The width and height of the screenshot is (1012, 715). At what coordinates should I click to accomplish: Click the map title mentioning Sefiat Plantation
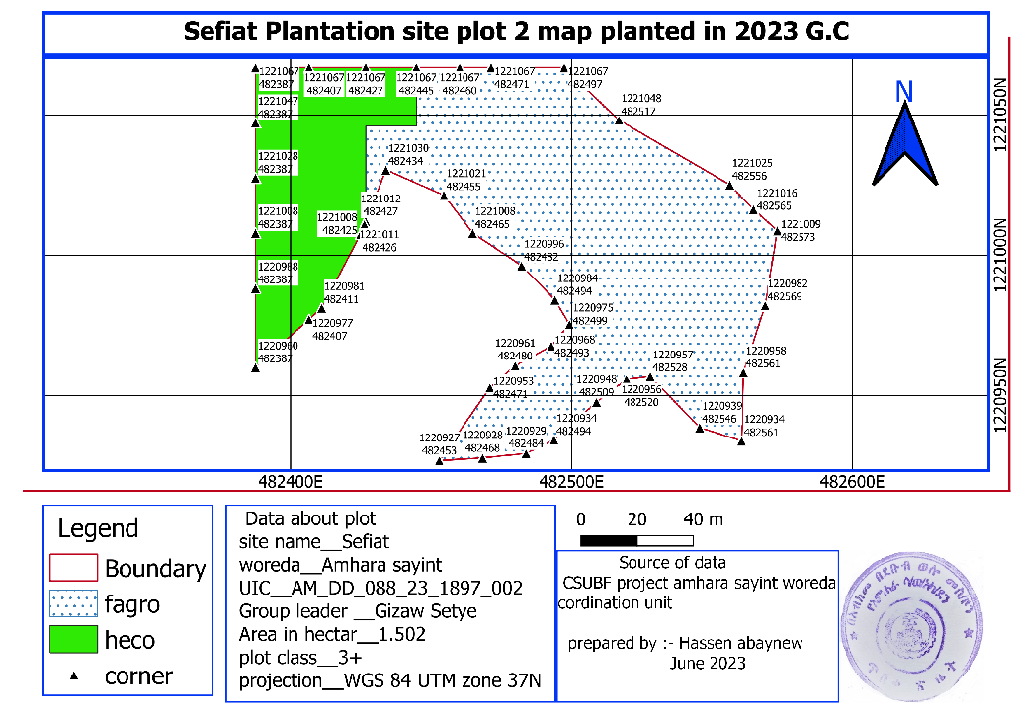(x=517, y=32)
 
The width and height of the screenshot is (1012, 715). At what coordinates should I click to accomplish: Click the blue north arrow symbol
(x=903, y=145)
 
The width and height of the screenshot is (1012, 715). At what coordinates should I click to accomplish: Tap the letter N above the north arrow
(x=903, y=91)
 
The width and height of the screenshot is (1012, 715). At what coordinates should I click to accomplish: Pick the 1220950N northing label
(x=1001, y=396)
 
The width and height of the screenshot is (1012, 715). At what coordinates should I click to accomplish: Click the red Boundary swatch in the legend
(x=73, y=568)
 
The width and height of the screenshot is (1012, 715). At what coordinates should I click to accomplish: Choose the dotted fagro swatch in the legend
(x=73, y=603)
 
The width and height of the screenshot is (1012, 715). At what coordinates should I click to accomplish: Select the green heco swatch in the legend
(x=73, y=640)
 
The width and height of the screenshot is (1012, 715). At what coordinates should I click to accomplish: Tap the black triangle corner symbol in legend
(x=74, y=677)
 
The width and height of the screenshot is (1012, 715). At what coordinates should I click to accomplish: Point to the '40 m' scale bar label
(x=703, y=519)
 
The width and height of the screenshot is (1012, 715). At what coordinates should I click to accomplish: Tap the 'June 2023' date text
(x=708, y=664)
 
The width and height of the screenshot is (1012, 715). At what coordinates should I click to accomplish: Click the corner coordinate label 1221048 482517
(x=641, y=105)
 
